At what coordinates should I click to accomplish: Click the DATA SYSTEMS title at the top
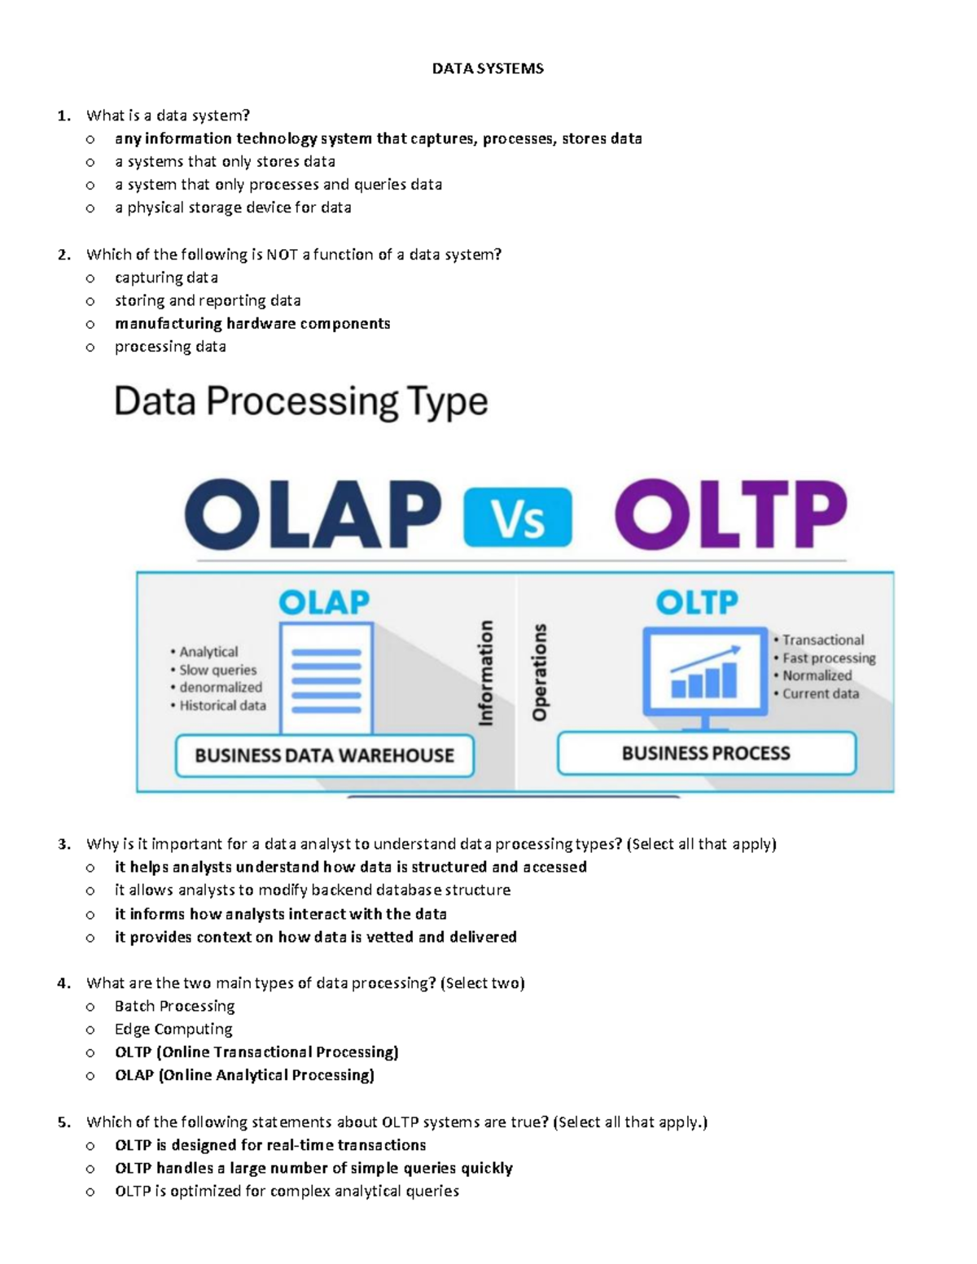(x=488, y=69)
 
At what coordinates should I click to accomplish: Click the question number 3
(x=64, y=844)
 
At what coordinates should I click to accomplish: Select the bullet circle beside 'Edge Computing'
(x=90, y=1030)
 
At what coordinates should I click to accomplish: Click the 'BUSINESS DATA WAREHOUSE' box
(x=324, y=755)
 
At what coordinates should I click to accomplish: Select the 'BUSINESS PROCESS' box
(x=706, y=753)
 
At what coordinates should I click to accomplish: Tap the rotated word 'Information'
(x=486, y=672)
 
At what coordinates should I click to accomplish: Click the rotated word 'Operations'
(x=539, y=672)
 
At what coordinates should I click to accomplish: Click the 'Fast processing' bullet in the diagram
(x=828, y=658)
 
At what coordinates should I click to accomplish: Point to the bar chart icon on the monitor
(x=704, y=673)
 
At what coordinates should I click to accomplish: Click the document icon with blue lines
(x=326, y=678)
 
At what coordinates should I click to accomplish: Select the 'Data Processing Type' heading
(x=300, y=402)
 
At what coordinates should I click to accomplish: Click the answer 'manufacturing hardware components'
(x=252, y=324)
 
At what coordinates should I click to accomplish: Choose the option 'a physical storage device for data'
(x=233, y=208)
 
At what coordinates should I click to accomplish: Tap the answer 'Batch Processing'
(x=174, y=1006)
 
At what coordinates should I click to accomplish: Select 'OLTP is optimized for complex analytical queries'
(x=287, y=1192)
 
